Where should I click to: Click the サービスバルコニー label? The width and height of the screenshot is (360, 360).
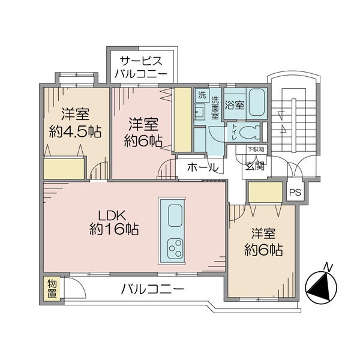click(142, 68)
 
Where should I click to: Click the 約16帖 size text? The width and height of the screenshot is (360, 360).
click(114, 230)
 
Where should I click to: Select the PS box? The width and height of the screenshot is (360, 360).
click(295, 193)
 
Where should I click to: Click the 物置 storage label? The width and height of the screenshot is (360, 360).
click(52, 289)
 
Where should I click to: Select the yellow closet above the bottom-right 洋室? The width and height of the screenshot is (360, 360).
click(265, 192)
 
